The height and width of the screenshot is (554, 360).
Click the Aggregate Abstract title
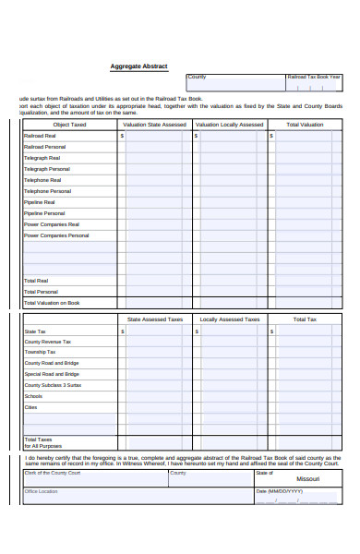138,67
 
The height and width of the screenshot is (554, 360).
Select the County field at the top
234,84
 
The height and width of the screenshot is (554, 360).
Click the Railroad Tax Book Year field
313,84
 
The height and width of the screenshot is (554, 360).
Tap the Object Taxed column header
69,124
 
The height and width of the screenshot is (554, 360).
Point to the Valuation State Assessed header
154,124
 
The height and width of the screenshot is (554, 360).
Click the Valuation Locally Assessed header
229,124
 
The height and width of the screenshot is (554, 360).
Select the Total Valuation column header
305,124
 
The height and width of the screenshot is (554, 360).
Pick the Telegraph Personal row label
47,169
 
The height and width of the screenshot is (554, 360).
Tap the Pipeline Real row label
40,202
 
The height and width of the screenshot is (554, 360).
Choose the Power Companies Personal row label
56,235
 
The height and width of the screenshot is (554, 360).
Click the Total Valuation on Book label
52,302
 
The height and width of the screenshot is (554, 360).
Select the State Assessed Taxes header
154,319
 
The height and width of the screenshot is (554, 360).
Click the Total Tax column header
305,319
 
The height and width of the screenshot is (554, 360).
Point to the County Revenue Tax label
48,341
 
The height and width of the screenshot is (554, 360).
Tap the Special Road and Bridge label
52,374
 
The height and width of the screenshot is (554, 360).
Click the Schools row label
33,396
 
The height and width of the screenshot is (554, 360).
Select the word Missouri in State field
307,479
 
